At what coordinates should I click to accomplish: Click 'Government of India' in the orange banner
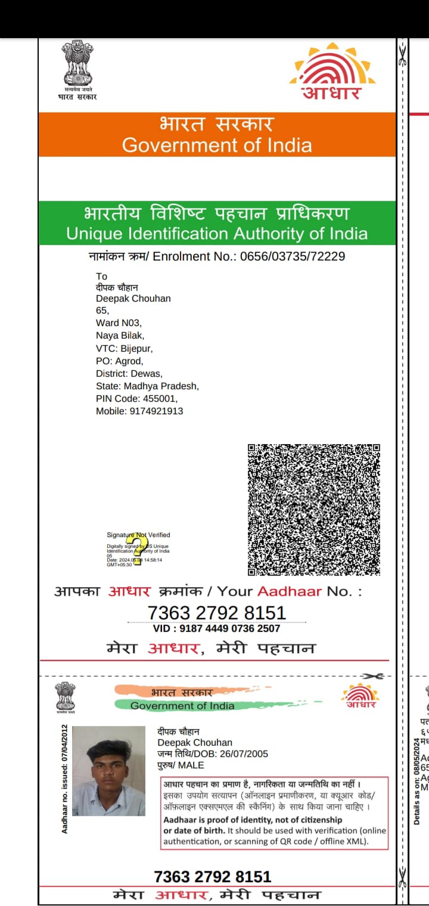point(216,145)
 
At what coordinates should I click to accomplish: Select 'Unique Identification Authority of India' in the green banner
point(217,233)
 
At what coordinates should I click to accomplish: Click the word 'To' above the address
point(102,276)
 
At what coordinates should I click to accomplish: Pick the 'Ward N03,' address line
point(119,322)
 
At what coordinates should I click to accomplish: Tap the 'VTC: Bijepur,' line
point(124,348)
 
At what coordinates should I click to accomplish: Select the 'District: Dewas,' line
point(129,373)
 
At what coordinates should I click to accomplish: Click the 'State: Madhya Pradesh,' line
point(147,386)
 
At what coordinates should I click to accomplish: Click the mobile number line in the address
point(139,411)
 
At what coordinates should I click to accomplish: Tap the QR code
point(314,510)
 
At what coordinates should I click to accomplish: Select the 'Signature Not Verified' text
point(138,535)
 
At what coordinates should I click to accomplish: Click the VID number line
point(217,628)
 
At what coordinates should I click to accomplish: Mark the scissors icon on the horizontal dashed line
point(373,676)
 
